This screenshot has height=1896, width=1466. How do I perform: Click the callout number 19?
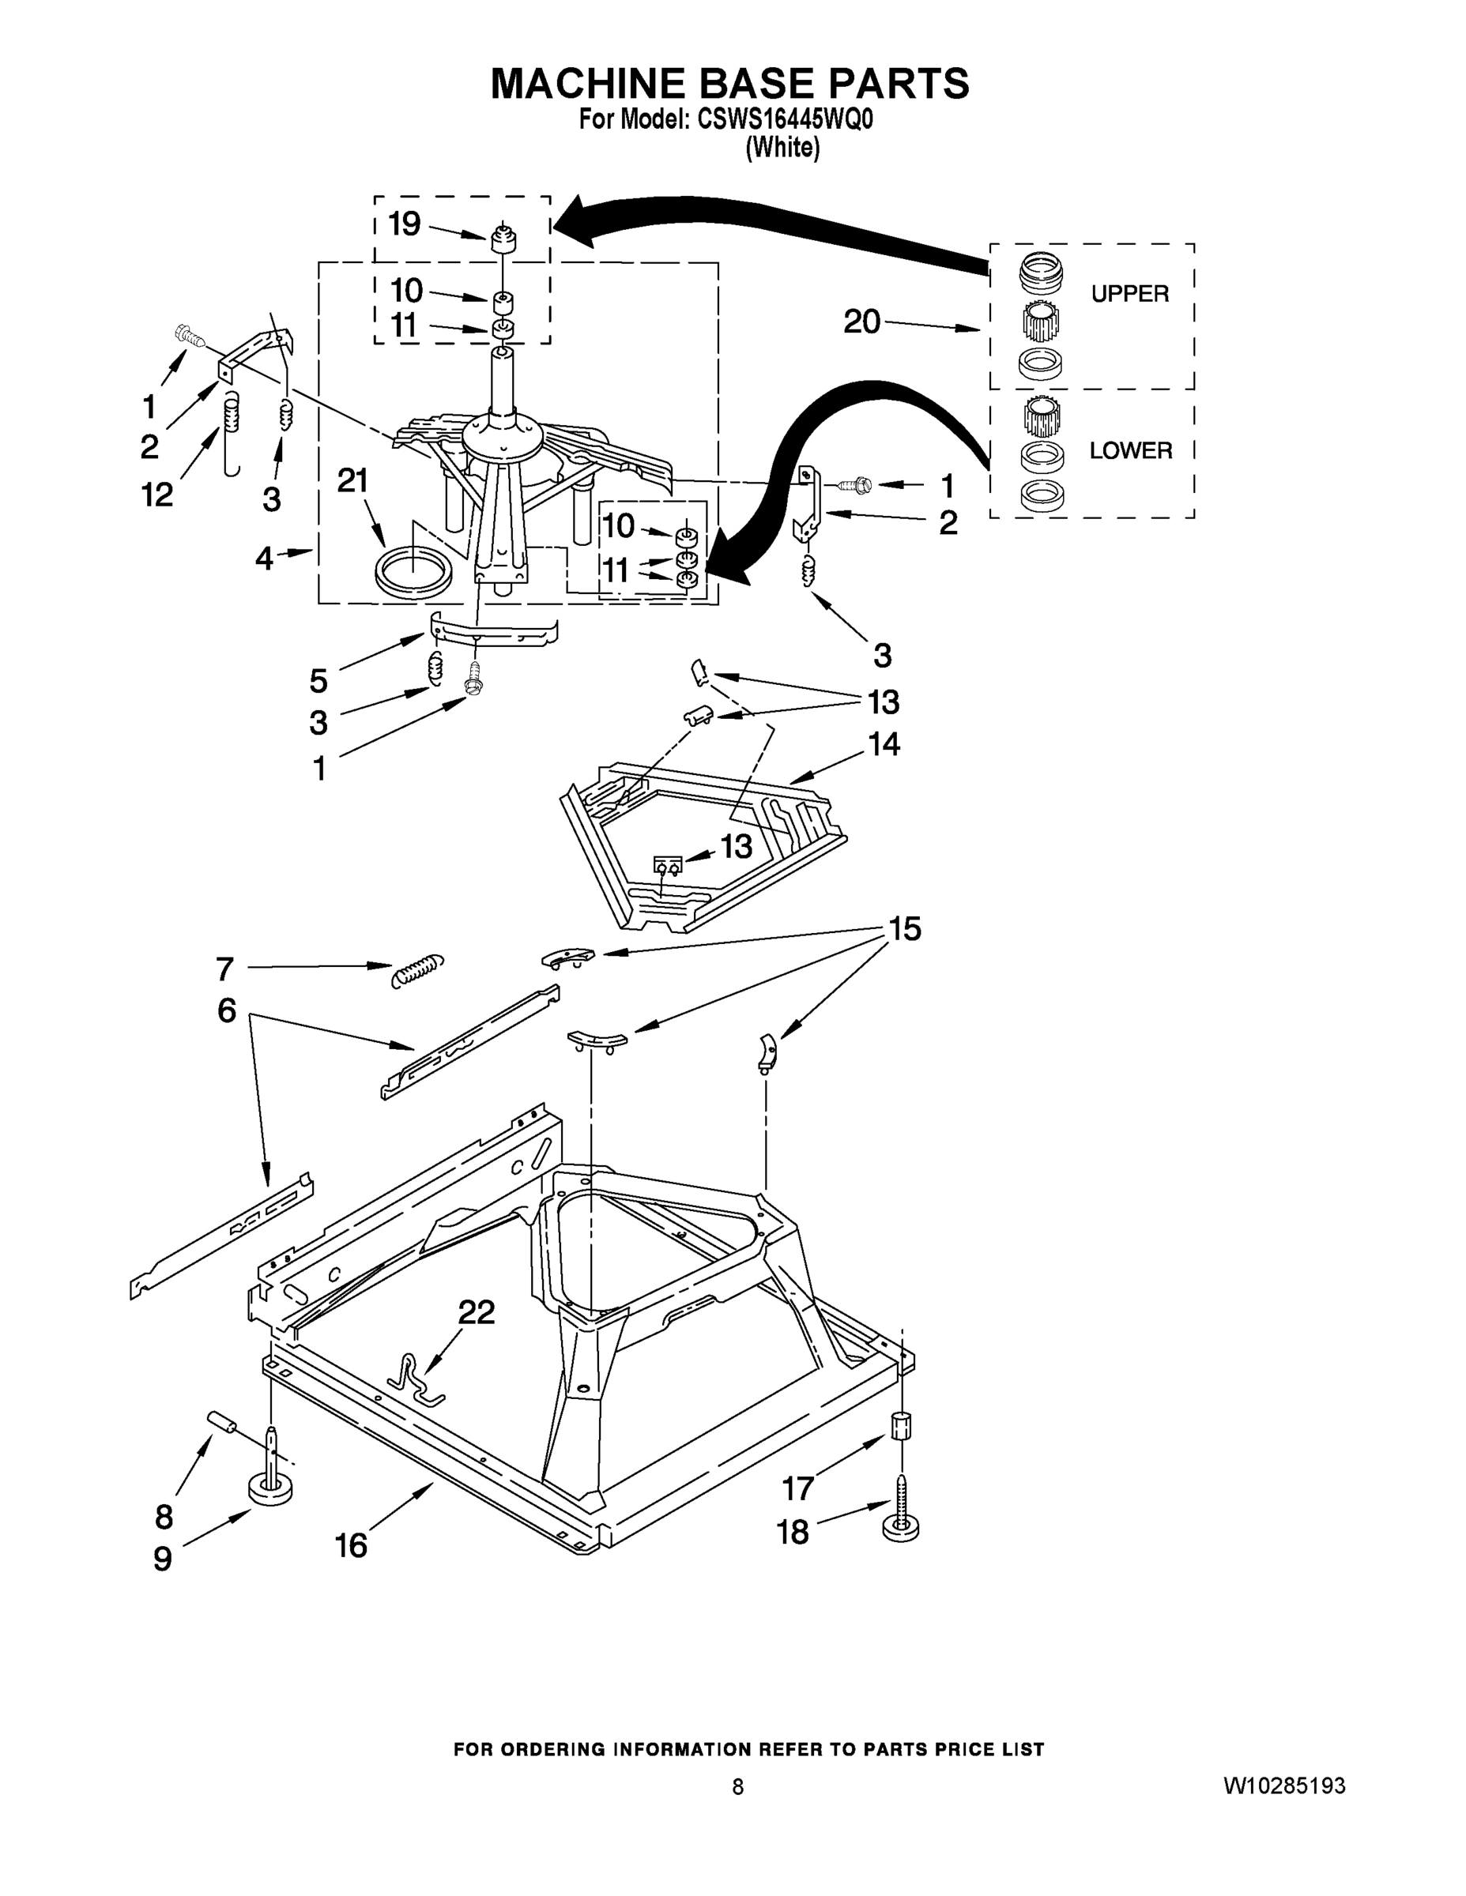(404, 224)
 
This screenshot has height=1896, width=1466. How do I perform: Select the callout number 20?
(861, 322)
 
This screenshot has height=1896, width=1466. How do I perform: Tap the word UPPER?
(1129, 295)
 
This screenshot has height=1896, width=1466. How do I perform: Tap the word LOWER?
(1130, 450)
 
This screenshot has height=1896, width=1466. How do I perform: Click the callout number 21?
(352, 480)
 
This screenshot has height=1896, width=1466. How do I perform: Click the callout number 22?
(476, 1311)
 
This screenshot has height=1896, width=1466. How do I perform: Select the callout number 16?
(352, 1545)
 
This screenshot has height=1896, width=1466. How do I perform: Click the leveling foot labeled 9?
(269, 1490)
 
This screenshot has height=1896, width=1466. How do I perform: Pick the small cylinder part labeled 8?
(222, 1424)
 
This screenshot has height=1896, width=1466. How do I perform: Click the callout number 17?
(797, 1489)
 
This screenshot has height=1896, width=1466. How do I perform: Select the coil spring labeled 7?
(416, 971)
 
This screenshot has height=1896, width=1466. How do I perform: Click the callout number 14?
(884, 744)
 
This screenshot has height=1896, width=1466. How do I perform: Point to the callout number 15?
(904, 929)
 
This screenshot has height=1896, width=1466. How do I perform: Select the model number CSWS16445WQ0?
(784, 120)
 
